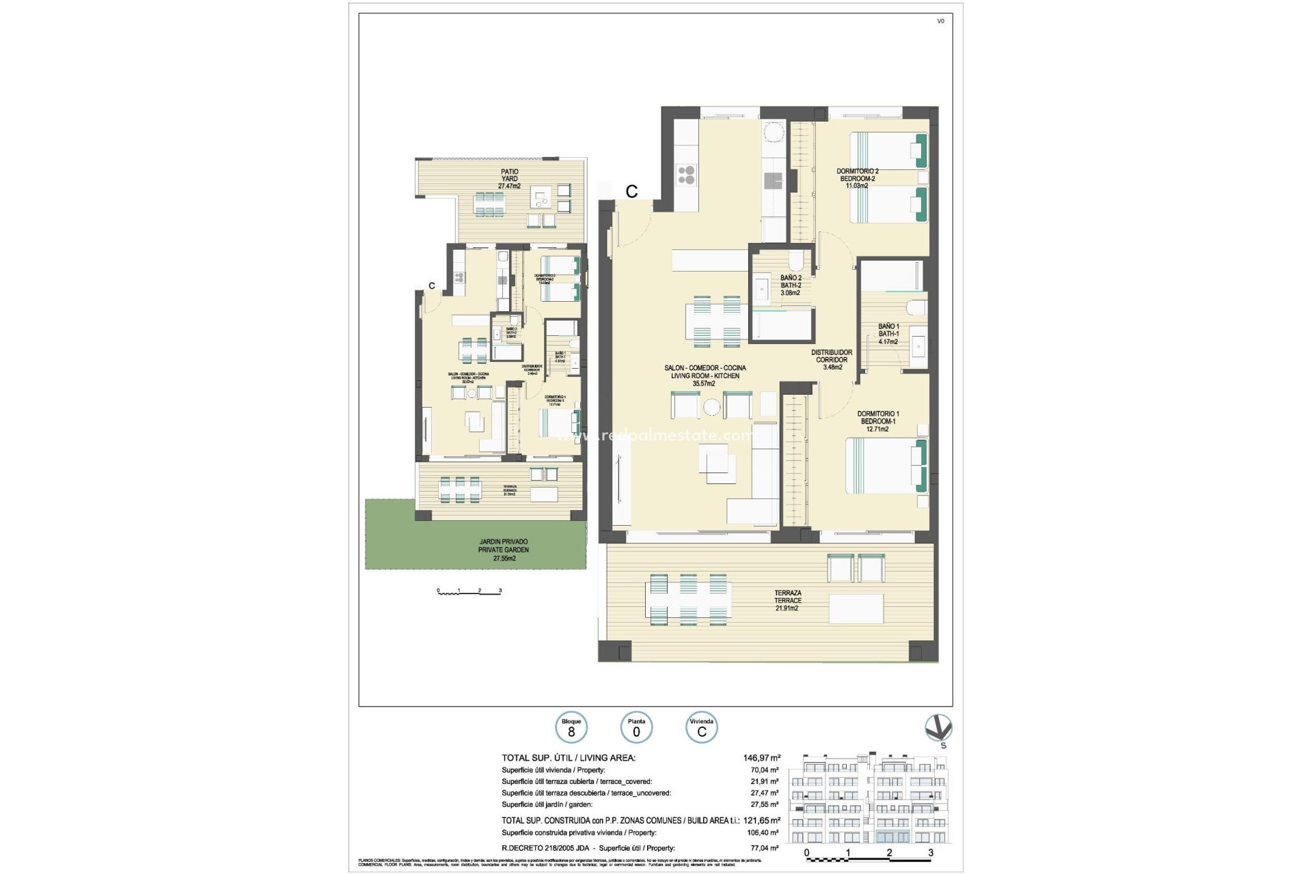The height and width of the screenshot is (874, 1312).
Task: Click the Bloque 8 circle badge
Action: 571,728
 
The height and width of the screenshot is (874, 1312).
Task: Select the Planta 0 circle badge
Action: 636,728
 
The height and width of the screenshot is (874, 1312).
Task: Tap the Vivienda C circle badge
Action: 701,728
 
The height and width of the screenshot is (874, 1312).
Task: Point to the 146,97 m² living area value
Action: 761,758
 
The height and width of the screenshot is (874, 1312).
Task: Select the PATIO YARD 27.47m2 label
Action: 509,179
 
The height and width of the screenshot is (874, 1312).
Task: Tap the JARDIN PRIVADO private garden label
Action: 504,550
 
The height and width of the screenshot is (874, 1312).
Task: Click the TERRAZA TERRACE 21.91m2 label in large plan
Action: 787,600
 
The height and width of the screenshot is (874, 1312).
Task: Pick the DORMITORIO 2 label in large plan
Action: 858,178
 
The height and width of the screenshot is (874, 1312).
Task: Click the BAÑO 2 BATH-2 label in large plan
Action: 791,285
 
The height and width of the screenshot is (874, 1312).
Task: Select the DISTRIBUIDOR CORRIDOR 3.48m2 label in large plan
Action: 832,360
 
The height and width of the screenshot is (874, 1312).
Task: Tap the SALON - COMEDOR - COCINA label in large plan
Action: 705,376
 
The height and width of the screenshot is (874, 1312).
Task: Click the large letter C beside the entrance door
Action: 631,192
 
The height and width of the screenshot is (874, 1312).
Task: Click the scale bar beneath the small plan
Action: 469,591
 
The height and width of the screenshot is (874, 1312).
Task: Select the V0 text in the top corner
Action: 940,21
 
